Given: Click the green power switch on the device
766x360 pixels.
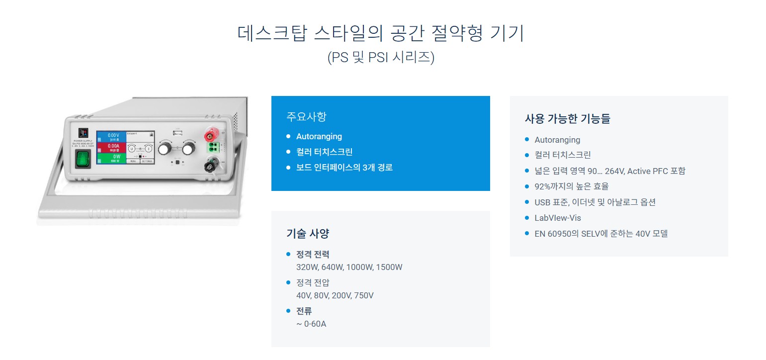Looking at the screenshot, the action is click(x=84, y=160).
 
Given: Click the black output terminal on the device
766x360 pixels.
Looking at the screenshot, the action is click(x=209, y=162).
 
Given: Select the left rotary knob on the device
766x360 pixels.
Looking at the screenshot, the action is click(x=164, y=148).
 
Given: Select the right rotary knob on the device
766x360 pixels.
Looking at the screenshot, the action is click(x=188, y=148).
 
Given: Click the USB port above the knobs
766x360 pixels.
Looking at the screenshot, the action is click(x=176, y=133).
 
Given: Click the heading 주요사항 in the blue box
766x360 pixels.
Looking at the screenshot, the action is click(x=306, y=117).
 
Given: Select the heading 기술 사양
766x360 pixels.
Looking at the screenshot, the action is click(x=307, y=233).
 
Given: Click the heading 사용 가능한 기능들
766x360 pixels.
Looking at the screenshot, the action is click(x=567, y=118).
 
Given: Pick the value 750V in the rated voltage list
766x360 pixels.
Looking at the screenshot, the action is click(x=363, y=295).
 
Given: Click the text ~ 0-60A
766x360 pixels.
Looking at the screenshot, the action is click(x=311, y=324).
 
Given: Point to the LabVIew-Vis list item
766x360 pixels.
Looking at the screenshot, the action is click(x=557, y=218).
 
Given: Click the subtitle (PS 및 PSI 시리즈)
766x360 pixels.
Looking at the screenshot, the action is click(x=381, y=58).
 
